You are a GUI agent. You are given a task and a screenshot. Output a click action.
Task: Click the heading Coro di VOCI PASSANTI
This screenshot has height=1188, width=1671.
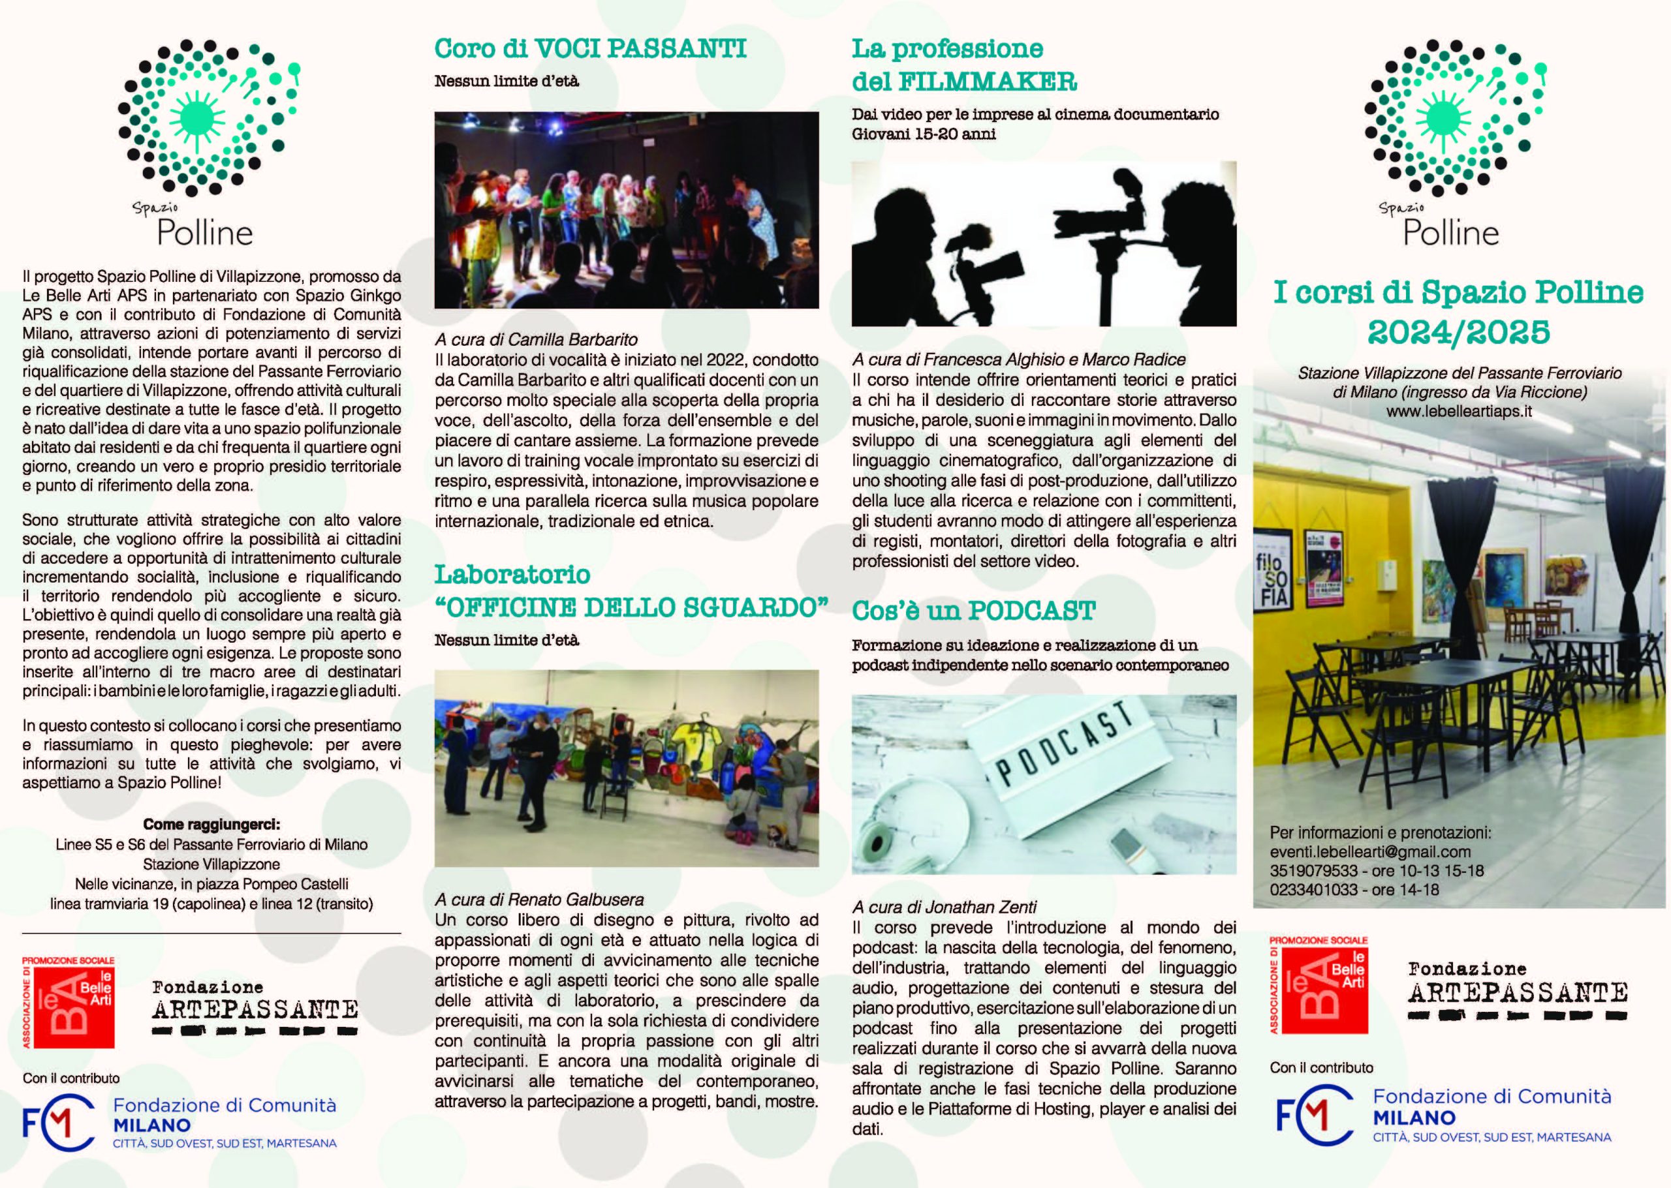(x=590, y=49)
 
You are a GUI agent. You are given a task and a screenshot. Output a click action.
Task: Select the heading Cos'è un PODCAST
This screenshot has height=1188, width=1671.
(x=973, y=611)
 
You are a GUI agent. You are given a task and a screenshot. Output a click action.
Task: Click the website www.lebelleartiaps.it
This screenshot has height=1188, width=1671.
(x=1459, y=411)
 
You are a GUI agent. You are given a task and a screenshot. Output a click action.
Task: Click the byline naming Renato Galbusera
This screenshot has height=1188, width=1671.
(x=539, y=900)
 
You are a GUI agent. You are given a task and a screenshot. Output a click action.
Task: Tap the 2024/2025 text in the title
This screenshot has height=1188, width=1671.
(x=1458, y=333)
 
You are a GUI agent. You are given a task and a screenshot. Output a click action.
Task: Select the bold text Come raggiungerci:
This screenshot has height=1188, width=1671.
(x=211, y=825)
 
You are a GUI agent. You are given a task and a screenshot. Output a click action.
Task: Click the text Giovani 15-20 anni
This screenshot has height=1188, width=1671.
(x=924, y=134)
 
